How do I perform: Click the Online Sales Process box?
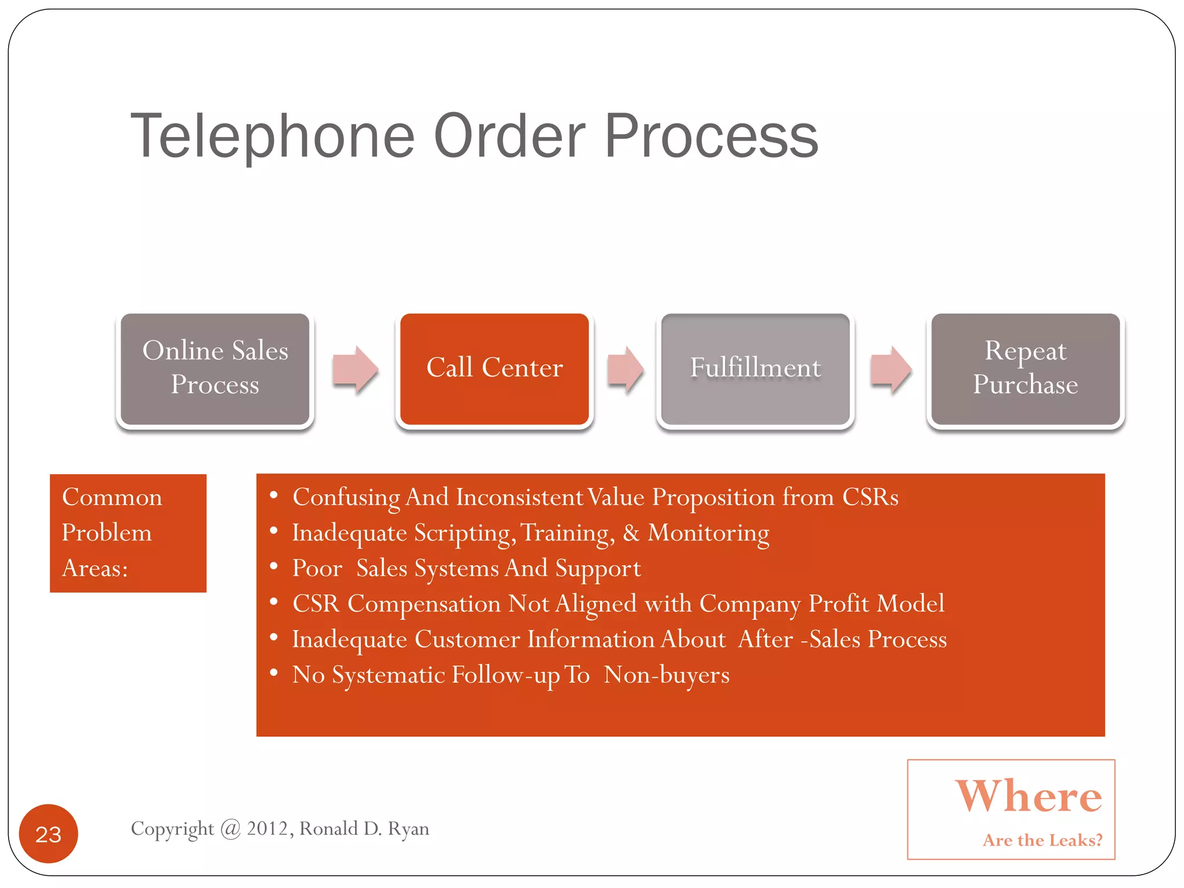[214, 368]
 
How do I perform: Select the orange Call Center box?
[494, 368]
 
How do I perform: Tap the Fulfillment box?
[755, 368]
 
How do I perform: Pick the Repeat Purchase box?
[1025, 368]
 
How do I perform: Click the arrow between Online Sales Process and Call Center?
[355, 369]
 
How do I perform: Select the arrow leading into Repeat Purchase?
[891, 369]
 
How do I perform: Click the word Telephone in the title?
[272, 136]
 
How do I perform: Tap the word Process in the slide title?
[711, 136]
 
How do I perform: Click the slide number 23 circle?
[49, 834]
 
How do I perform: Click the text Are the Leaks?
[1042, 840]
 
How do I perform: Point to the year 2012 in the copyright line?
[267, 828]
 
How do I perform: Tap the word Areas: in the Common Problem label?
[95, 568]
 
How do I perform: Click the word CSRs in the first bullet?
[869, 497]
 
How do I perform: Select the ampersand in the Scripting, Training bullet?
[631, 533]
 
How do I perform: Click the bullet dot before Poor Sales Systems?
[274, 566]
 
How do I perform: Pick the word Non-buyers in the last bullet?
[666, 675]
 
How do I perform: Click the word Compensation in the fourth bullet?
[424, 604]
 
